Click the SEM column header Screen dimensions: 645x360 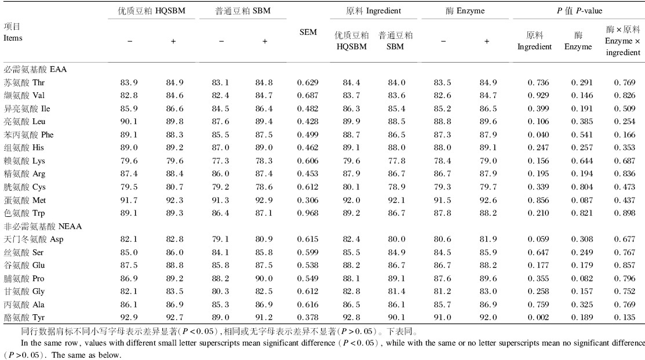(308, 32)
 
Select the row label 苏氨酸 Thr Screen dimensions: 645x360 (24, 82)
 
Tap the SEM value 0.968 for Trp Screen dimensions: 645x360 (308, 213)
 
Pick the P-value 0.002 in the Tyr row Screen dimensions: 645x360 (538, 318)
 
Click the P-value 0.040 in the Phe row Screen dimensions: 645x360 (538, 134)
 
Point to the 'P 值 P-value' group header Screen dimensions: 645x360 (579, 10)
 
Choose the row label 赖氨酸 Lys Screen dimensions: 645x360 (24, 161)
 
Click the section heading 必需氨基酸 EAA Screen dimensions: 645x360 (35, 69)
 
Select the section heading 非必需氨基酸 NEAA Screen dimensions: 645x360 (43, 226)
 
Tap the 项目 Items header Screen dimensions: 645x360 (13, 32)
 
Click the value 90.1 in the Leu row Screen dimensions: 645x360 (129, 121)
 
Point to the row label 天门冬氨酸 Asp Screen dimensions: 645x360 (33, 239)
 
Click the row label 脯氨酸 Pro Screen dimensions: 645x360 (24, 278)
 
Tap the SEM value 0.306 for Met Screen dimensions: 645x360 (308, 200)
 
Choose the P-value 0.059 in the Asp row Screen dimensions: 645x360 (538, 239)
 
